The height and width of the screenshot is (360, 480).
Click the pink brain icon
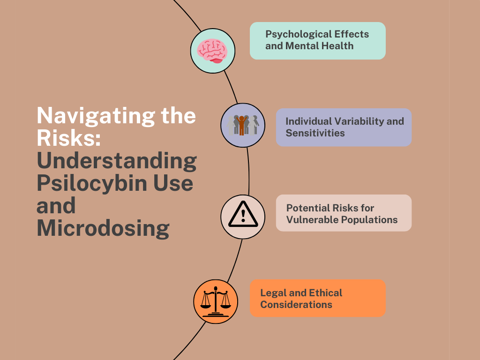pos(212,50)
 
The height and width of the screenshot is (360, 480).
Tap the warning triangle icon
pos(242,216)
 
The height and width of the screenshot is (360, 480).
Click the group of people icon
pos(243,125)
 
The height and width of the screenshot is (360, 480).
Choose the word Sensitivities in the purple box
pos(315,133)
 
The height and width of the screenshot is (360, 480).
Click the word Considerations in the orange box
pos(296,305)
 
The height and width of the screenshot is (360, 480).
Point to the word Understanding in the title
pos(117,161)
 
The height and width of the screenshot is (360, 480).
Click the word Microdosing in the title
pos(103,228)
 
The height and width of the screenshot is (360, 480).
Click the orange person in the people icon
pos(242,125)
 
